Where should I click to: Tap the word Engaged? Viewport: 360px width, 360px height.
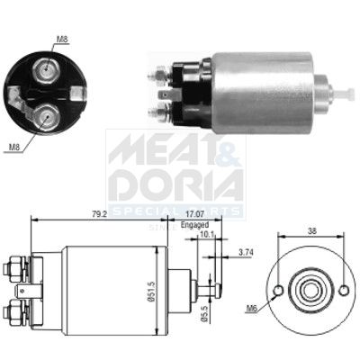193,226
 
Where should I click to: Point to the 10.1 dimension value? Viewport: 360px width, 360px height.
208,237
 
